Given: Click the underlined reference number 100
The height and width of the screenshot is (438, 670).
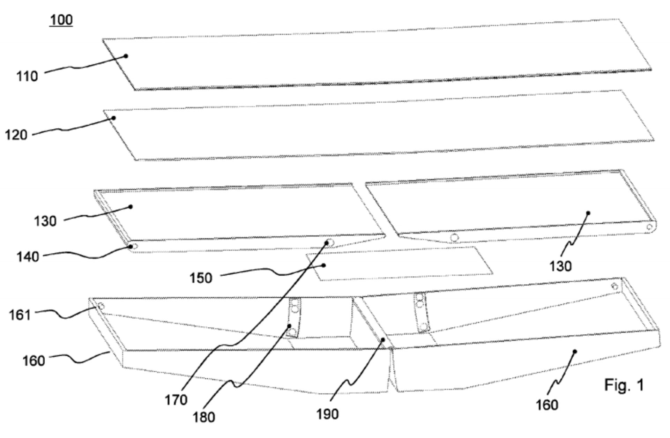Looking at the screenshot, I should pos(61,20).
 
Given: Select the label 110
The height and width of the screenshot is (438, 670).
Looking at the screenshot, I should pos(27,76).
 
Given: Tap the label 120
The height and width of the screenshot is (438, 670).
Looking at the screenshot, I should pos(16,134).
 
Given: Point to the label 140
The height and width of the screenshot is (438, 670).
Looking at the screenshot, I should pos(28,257).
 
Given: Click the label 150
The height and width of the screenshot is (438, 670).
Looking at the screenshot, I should pos(201,278).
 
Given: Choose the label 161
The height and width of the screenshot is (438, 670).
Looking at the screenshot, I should pos(20,315).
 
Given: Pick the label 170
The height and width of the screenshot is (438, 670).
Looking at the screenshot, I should pos(176,400).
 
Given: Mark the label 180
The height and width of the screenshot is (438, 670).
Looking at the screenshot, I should pos(204,417).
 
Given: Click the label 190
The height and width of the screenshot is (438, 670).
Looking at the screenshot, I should pos(327,414).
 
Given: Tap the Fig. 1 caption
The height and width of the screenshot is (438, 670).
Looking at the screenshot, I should pos(624,385).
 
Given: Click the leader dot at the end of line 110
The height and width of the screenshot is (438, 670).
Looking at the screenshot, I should pos(126,56).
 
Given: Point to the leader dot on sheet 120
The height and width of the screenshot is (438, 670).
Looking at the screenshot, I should pos(113,118).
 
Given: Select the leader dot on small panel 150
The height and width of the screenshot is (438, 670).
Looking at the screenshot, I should pos(324,266).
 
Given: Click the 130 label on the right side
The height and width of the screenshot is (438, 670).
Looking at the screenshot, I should pos(560,266).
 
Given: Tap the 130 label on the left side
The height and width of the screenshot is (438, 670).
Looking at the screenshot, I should pos(45,221).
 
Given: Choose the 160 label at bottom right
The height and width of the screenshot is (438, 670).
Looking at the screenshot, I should pos(547,405).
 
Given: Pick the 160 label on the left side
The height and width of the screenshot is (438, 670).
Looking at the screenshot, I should pos(33,361).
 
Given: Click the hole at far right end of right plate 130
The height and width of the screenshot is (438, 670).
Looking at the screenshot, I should pos(649,227).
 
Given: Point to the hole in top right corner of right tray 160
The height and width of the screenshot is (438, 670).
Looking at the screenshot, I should pos(615,287).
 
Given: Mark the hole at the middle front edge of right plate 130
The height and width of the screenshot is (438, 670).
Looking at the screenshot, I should pos(454,238).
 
